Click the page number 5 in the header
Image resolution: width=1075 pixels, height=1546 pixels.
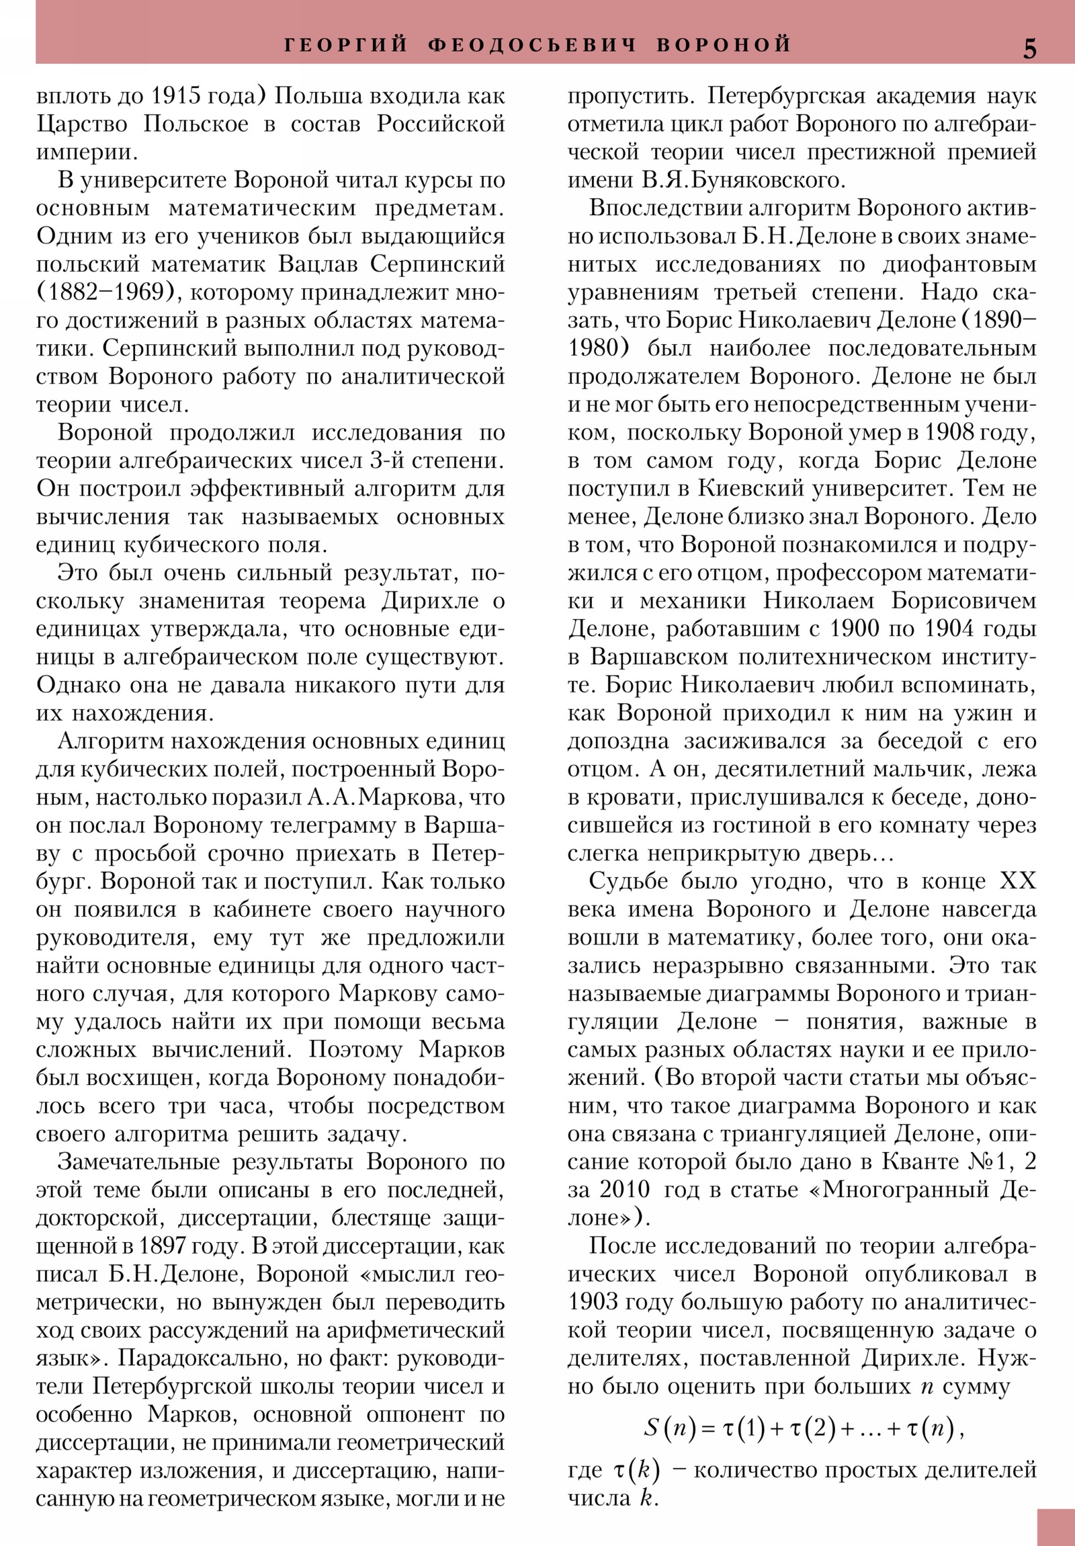point(1030,49)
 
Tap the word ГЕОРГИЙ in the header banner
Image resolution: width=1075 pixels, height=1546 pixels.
point(346,44)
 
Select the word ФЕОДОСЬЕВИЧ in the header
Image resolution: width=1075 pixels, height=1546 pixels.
point(532,44)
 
